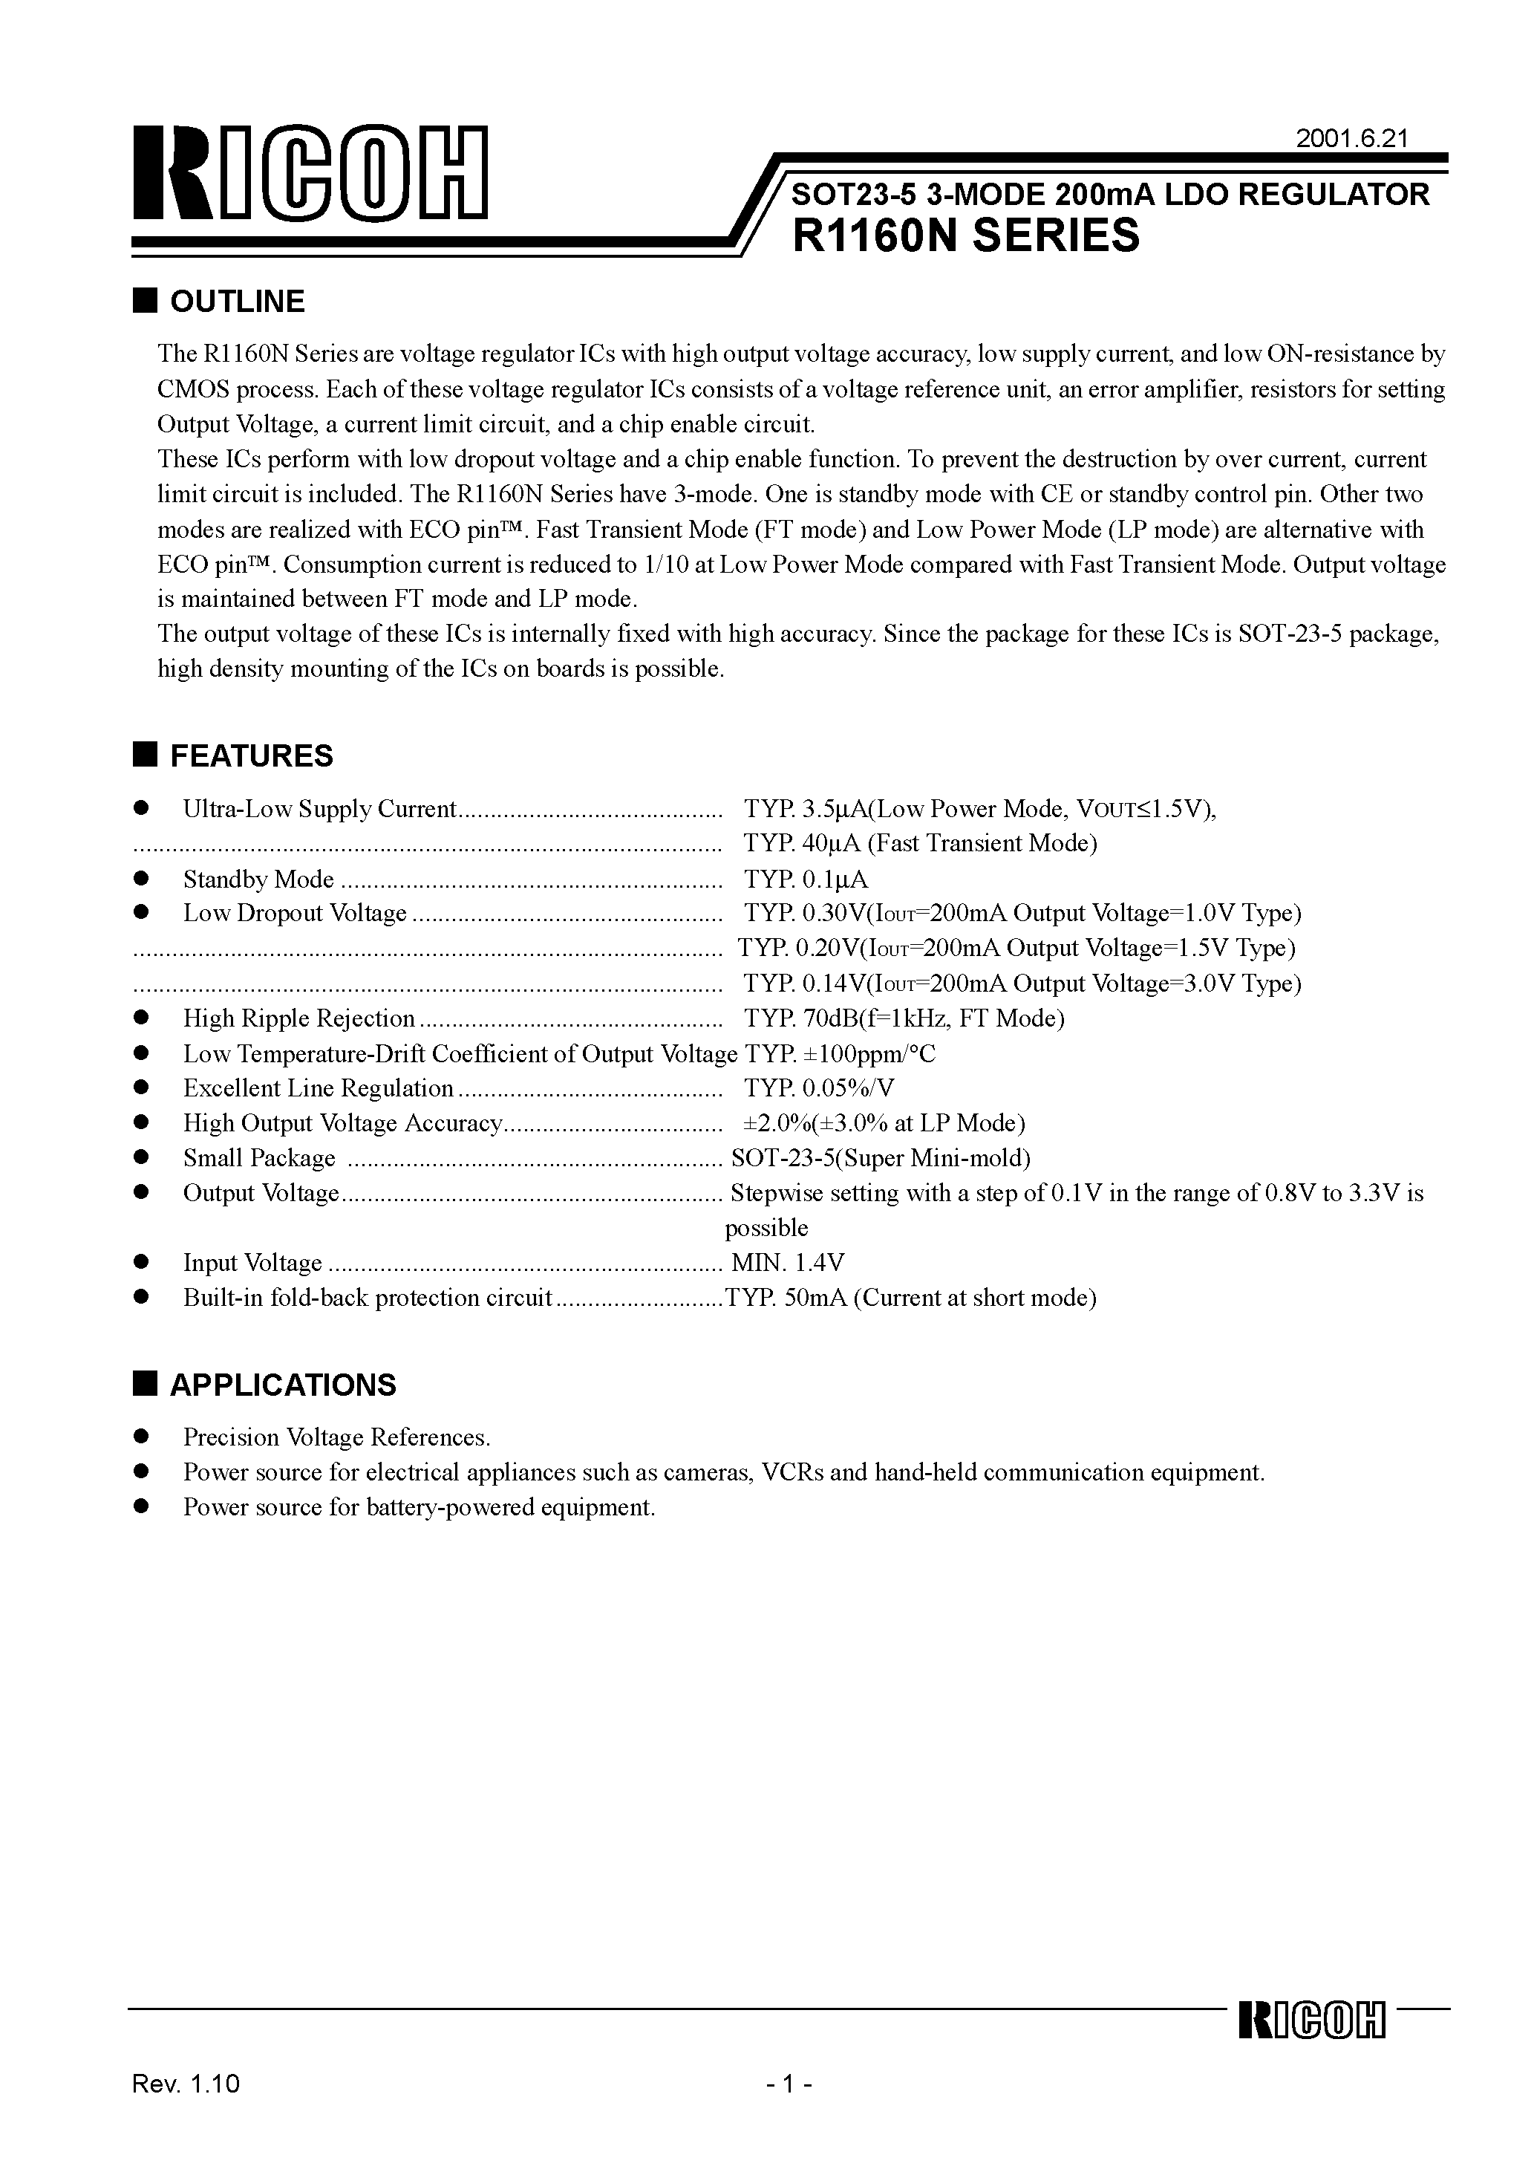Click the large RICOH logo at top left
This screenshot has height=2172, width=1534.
(x=310, y=172)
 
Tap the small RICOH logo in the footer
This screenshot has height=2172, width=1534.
(x=1311, y=2047)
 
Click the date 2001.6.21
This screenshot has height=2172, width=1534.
(x=1351, y=139)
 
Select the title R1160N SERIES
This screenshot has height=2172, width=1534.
(x=965, y=235)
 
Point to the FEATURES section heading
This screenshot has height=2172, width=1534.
(x=251, y=756)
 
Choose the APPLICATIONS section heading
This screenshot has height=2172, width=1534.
(x=283, y=1385)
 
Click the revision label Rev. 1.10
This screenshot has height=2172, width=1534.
(x=186, y=2110)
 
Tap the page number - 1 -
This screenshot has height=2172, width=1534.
(x=790, y=2110)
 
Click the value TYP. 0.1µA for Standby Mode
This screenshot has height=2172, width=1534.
(x=805, y=879)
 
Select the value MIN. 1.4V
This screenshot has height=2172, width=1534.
(x=787, y=1263)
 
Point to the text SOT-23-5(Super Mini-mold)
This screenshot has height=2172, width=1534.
(x=881, y=1159)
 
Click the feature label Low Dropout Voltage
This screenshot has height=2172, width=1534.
(x=294, y=914)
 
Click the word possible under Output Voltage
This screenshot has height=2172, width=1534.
(x=766, y=1228)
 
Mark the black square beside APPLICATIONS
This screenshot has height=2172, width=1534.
(x=144, y=1383)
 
